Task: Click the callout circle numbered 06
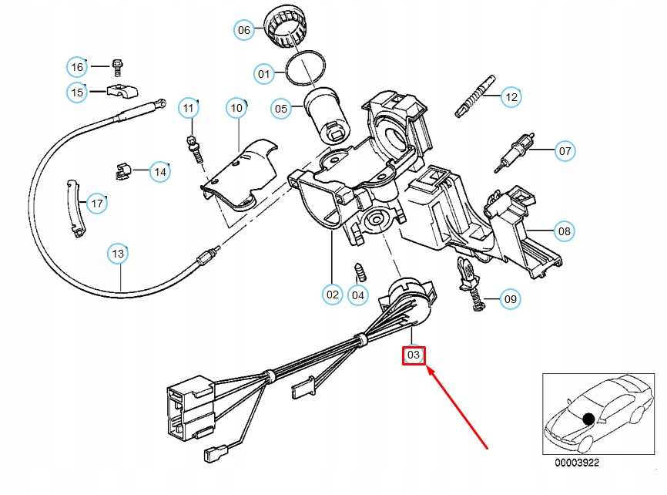[x=243, y=30]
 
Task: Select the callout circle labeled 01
[x=264, y=74]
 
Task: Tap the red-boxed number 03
[x=414, y=355]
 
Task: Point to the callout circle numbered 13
[x=117, y=253]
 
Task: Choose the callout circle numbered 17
[x=96, y=204]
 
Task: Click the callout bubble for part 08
[x=565, y=230]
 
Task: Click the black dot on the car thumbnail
[x=589, y=419]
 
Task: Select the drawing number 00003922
[x=577, y=464]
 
